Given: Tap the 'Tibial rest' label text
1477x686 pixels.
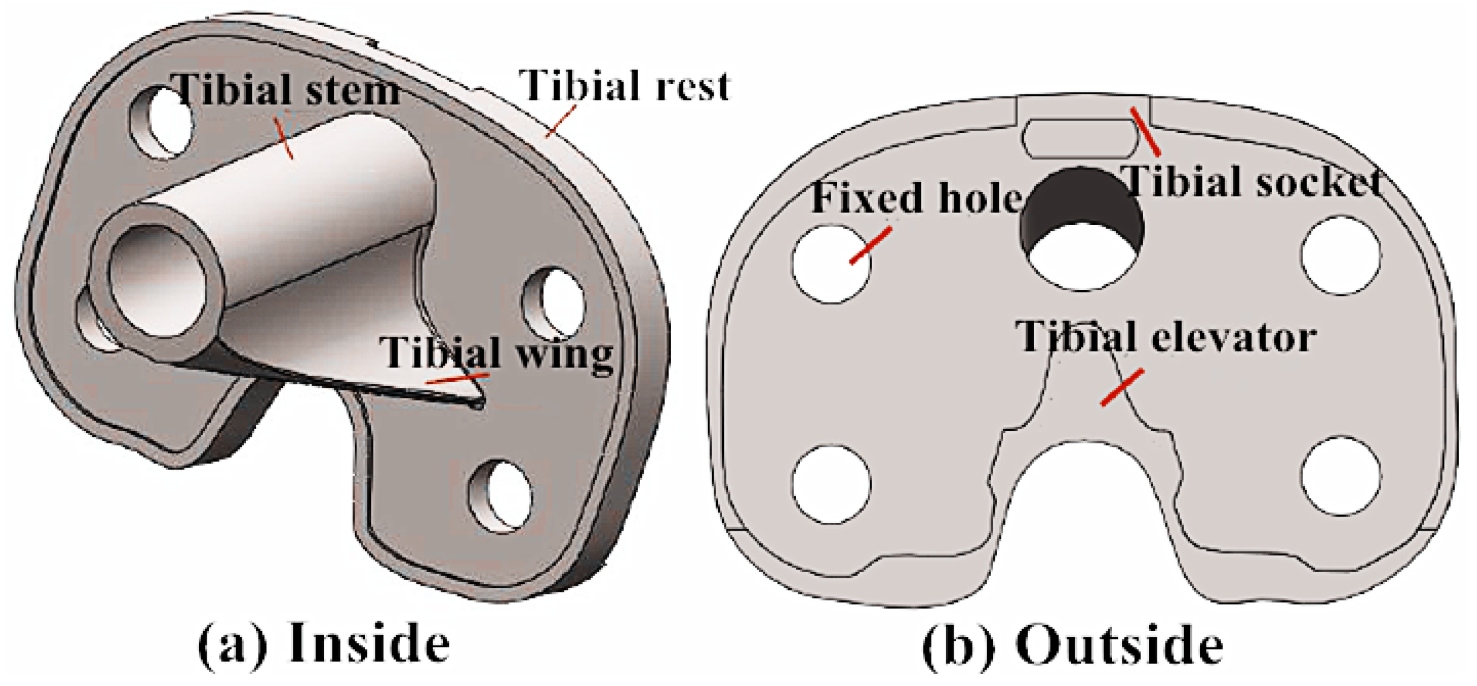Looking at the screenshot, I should click(625, 85).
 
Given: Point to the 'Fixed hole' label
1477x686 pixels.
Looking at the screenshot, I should click(916, 198).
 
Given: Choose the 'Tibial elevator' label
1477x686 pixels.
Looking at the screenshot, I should click(1166, 336).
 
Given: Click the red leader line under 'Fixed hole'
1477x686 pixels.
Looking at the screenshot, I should click(870, 245).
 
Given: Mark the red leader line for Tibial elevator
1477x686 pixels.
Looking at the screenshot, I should click(1122, 387).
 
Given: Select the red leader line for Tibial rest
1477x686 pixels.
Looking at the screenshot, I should click(561, 121).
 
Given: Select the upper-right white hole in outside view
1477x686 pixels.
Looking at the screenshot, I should click(1340, 255).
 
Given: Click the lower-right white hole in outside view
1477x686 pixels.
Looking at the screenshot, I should click(1340, 476).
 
